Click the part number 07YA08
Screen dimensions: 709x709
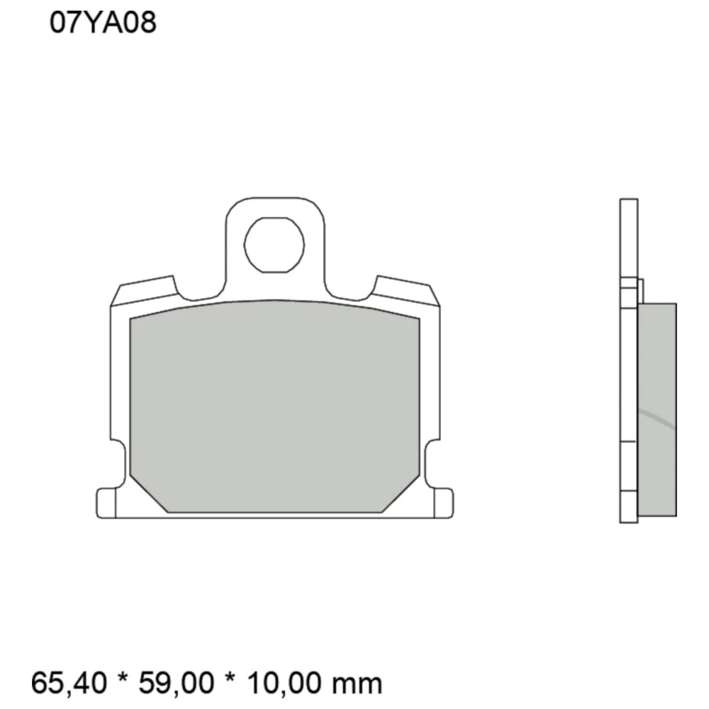[103, 23]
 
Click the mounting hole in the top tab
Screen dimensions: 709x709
[274, 245]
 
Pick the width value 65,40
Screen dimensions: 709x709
[69, 683]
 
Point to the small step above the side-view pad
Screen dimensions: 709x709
[641, 291]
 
